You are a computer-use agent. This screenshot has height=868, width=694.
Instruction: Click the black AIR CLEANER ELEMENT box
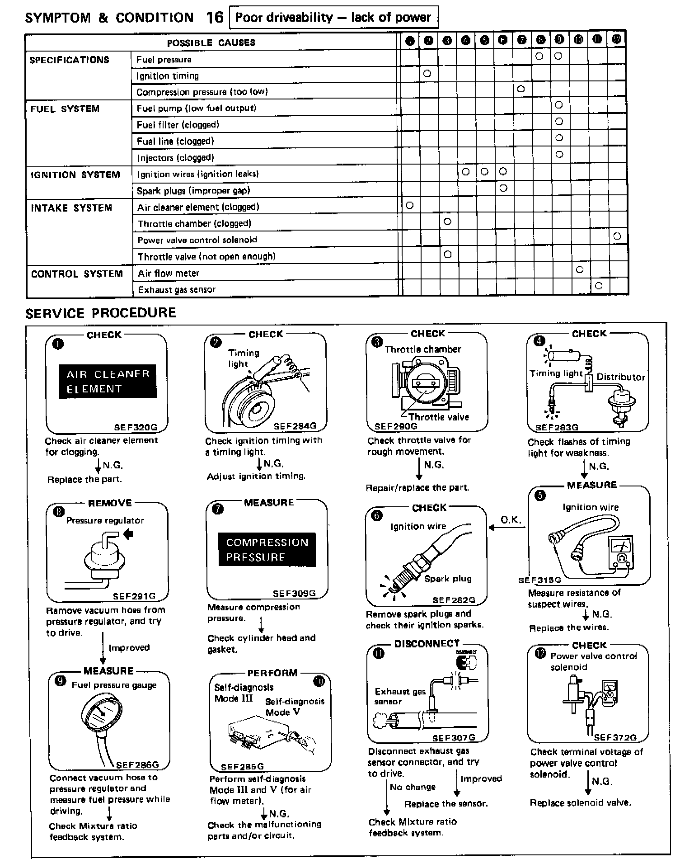point(108,381)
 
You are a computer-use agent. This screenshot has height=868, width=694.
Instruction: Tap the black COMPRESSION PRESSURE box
point(267,549)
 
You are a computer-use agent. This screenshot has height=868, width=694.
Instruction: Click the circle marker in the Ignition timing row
point(427,73)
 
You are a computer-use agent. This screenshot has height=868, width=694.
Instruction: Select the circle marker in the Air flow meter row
point(580,269)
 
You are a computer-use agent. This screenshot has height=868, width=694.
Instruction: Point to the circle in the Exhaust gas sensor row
point(599,285)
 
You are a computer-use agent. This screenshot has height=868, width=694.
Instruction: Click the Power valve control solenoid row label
point(197,240)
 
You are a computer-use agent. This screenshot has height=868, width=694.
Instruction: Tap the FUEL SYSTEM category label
point(65,109)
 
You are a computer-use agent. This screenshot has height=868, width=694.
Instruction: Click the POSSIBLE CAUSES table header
point(211,43)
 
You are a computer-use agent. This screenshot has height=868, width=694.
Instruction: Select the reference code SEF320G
point(136,427)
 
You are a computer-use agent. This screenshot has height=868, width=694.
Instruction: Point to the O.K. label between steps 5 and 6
point(511,520)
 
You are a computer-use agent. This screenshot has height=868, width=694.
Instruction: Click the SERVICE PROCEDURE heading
point(101,313)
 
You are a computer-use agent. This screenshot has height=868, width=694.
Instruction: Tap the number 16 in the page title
point(215,18)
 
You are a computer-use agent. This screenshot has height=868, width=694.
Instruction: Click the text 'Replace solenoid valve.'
point(580,802)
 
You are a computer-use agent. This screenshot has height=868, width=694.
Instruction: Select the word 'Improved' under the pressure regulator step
point(129,647)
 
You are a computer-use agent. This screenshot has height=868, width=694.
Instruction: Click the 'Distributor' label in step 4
point(620,377)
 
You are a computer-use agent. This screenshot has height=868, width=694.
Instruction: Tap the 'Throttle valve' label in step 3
point(438,417)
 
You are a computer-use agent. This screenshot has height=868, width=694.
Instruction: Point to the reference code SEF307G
point(453,738)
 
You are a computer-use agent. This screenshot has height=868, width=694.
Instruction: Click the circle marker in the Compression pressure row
point(521,89)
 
